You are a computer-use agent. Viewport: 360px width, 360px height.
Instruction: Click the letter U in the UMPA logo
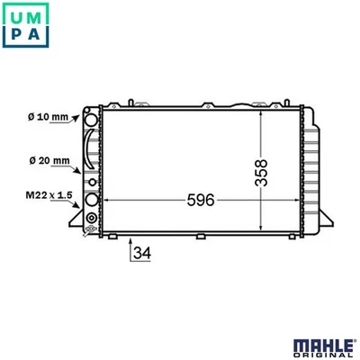point(16,17)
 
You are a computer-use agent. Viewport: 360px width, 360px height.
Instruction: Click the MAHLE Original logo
point(323,348)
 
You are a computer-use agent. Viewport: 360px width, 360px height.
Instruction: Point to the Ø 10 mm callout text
point(48,116)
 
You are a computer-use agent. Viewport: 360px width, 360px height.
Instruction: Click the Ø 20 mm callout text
point(49,160)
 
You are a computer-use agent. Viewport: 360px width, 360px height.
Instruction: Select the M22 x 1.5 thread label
point(49,195)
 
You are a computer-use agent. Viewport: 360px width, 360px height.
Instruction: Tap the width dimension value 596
point(201,200)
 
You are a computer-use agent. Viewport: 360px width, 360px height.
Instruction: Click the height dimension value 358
point(261,173)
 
